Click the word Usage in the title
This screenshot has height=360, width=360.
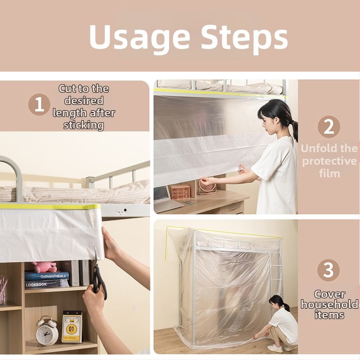pos(139,37)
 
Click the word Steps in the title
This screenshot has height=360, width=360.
pos(244,37)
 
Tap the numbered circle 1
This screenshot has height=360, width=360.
pos(39,104)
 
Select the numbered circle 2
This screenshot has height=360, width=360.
pos(329,127)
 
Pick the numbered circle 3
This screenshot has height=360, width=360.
pos(328,270)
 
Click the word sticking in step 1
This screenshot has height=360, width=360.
pos(84,126)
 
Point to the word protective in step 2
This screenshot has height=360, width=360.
pos(329,161)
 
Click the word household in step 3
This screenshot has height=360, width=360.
pos(329,304)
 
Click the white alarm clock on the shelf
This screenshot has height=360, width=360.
pos(47,331)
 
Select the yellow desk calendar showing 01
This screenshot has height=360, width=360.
pos(72,327)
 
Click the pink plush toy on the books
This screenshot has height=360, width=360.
pos(44,267)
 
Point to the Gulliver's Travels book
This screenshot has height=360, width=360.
pos(47,276)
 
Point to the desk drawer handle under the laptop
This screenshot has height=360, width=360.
pos(233,208)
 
